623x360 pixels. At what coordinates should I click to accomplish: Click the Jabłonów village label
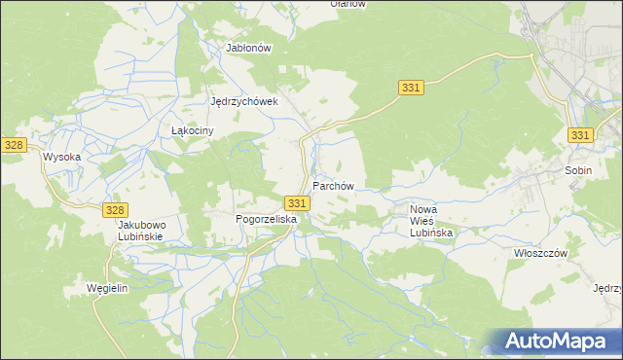(x=247, y=47)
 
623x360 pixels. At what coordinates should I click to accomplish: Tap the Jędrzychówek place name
(x=244, y=100)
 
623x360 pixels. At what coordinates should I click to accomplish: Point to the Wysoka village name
(x=60, y=156)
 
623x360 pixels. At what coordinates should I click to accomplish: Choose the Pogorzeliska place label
(x=266, y=220)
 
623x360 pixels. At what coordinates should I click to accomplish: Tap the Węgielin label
(x=107, y=289)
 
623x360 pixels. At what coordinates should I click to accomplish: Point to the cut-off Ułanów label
(x=348, y=4)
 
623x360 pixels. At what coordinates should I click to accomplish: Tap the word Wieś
(x=424, y=222)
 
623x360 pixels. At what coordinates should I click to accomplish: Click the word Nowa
(x=424, y=209)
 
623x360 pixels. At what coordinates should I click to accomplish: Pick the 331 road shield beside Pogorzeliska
(x=298, y=202)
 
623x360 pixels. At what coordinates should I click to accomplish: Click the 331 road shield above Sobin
(x=580, y=135)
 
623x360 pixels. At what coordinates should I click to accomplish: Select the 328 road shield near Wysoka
(x=13, y=144)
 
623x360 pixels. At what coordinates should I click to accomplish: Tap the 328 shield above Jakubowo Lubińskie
(x=115, y=209)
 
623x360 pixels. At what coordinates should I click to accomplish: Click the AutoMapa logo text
(x=568, y=341)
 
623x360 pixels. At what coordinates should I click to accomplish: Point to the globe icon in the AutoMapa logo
(x=495, y=342)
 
